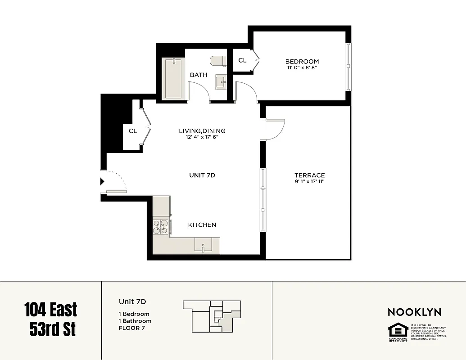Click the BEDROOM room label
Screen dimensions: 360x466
(302, 61)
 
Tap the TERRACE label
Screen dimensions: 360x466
(309, 175)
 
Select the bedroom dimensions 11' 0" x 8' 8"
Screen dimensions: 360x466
(302, 68)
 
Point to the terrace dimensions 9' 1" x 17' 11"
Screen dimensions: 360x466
(309, 182)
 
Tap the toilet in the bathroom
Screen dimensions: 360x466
(218, 61)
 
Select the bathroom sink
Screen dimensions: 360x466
(221, 82)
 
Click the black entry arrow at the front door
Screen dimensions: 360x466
(102, 181)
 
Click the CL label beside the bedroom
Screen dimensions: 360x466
(242, 60)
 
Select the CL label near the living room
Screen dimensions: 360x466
(132, 131)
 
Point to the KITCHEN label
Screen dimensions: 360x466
(202, 225)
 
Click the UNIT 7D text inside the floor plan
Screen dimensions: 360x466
(202, 175)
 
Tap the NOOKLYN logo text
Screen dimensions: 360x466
(414, 312)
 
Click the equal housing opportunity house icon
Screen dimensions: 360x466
(398, 330)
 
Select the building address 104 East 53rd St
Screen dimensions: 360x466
(50, 319)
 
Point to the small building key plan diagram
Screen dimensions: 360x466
(212, 316)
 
